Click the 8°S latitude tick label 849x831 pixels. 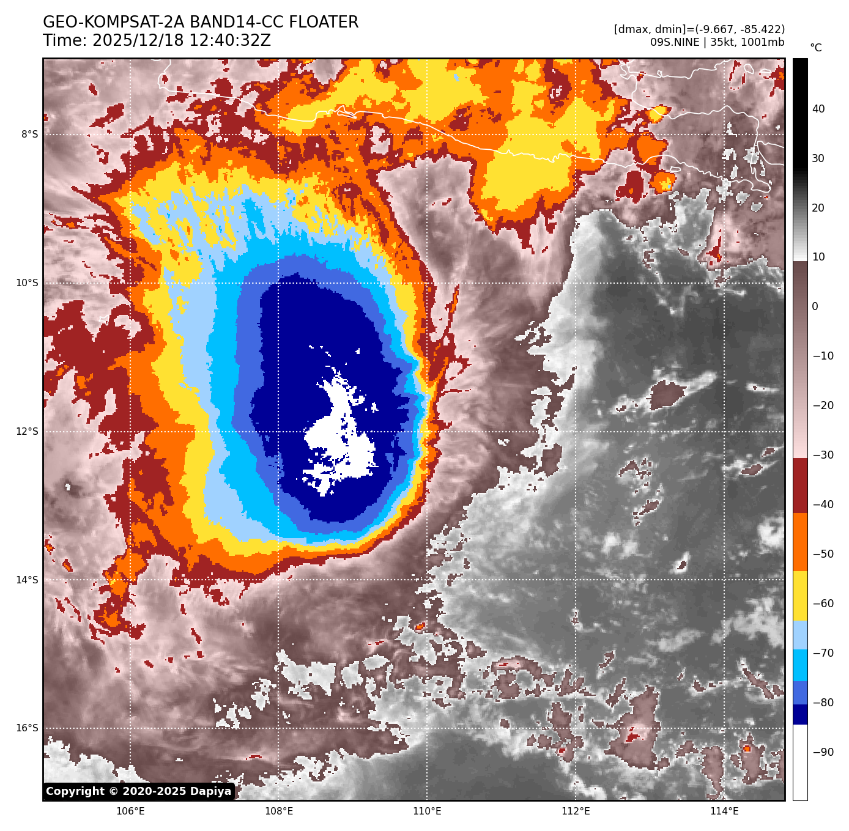(x=29, y=135)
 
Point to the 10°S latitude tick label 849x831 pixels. (x=27, y=283)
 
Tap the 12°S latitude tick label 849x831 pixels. (x=27, y=432)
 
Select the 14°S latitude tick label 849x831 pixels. (x=27, y=580)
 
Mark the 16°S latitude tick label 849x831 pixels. (x=27, y=728)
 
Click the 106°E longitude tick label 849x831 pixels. (x=130, y=811)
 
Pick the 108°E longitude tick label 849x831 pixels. (x=279, y=811)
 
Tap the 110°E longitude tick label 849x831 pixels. (x=427, y=811)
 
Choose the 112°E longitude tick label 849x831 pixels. (x=576, y=811)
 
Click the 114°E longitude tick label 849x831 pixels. (x=724, y=811)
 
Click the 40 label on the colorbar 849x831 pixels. (x=818, y=109)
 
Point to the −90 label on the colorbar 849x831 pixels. (x=823, y=752)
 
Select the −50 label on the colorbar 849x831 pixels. (x=823, y=554)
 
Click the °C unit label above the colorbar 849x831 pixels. (x=816, y=48)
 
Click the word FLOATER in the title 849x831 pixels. (x=324, y=23)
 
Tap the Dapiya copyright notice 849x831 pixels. (x=139, y=791)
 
